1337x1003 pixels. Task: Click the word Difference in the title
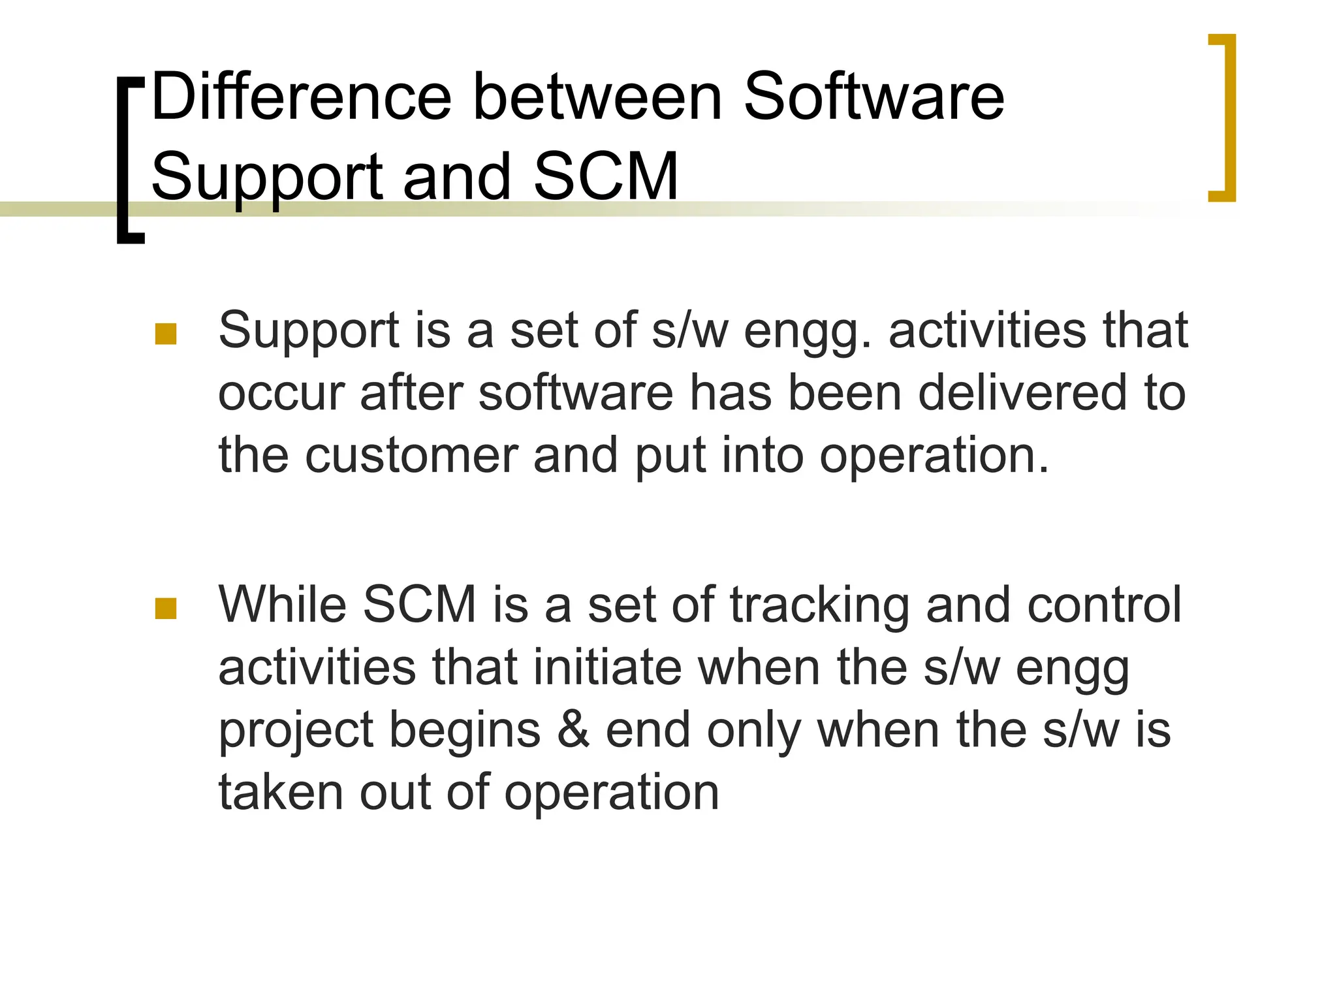301,98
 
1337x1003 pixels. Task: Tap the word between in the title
597,98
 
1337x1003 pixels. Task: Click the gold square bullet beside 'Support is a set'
166,334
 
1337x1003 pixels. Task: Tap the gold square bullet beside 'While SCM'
166,609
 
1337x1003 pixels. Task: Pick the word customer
411,455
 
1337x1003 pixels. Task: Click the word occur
281,394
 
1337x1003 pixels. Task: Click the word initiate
607,667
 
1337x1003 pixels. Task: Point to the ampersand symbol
573,730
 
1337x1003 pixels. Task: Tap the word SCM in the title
606,176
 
